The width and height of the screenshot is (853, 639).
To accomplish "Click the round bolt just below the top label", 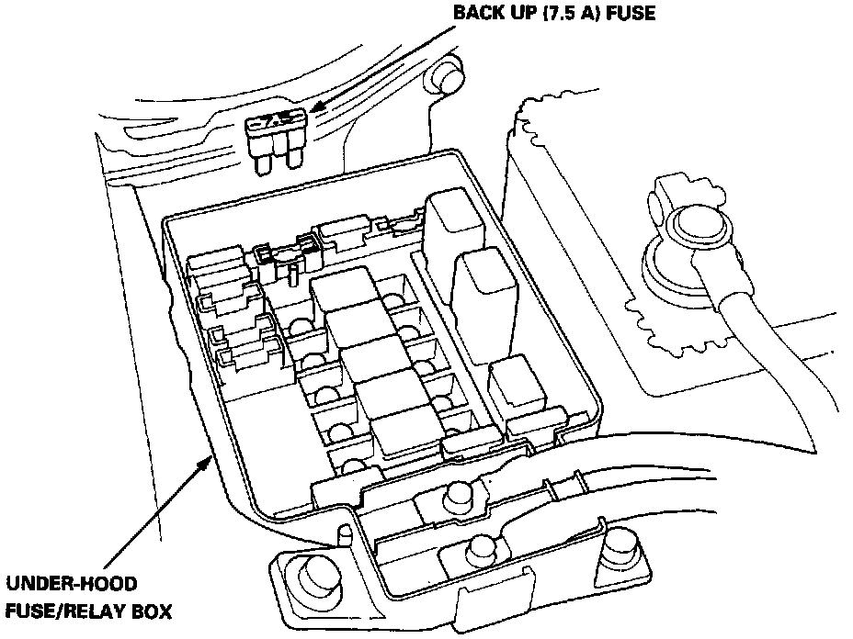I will pyautogui.click(x=449, y=79).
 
